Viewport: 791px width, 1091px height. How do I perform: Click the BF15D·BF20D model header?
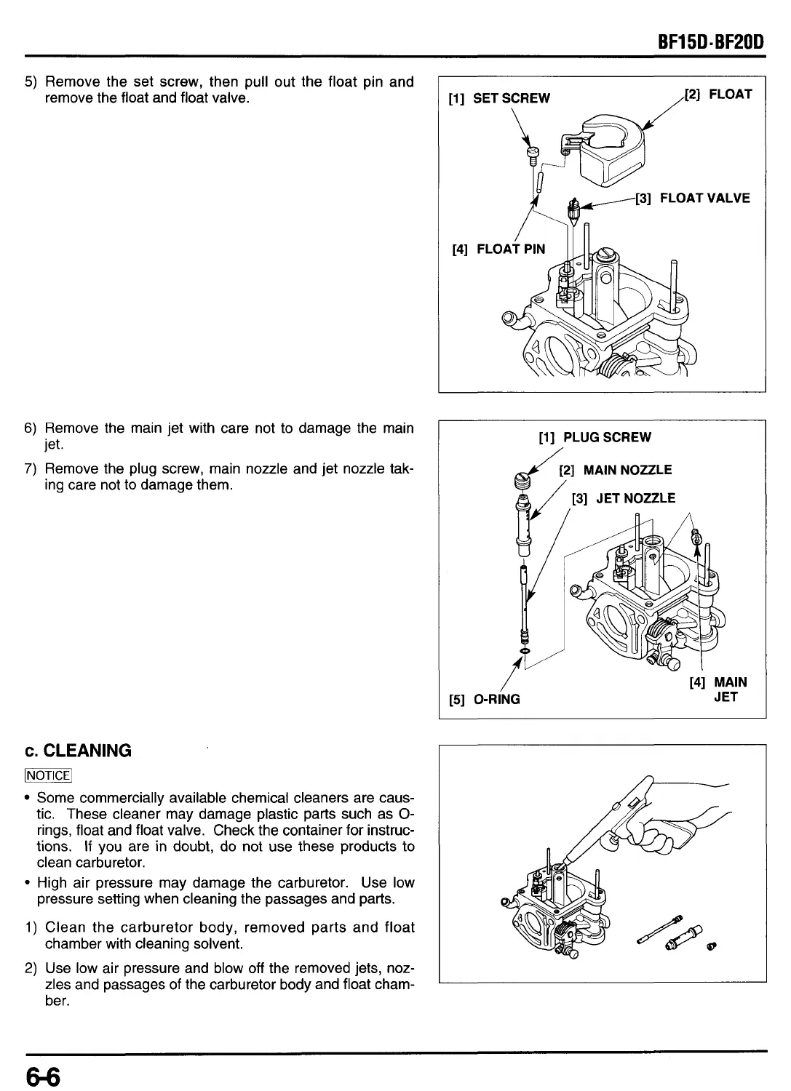[x=710, y=42]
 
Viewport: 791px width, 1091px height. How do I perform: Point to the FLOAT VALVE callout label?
[x=693, y=198]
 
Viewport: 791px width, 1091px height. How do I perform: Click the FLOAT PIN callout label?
[x=498, y=249]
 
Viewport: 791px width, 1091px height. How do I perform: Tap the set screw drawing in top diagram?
[x=532, y=153]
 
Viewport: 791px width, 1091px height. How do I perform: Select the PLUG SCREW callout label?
[x=595, y=437]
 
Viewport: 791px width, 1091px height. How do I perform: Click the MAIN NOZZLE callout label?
[x=616, y=470]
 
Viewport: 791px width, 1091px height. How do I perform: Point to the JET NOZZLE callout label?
[x=624, y=498]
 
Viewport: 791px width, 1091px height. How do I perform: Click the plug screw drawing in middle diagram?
[x=522, y=479]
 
